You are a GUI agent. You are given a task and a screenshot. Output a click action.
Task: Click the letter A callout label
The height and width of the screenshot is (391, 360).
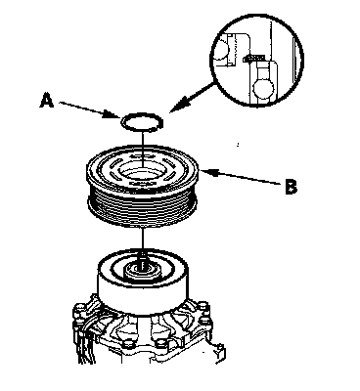(x=47, y=100)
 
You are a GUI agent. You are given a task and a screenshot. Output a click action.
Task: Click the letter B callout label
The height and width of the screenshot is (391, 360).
(x=291, y=187)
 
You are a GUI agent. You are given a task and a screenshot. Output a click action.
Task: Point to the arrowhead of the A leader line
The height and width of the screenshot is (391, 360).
(x=115, y=114)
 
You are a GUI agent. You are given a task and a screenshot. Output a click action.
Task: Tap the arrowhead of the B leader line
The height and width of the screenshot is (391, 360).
(x=206, y=172)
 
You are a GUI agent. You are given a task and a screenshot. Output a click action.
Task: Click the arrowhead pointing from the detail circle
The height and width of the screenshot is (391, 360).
(x=176, y=108)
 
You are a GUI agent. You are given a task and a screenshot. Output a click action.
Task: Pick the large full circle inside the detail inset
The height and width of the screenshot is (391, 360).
(x=263, y=88)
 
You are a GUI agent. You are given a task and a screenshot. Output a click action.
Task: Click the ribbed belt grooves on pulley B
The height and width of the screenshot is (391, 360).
(x=143, y=208)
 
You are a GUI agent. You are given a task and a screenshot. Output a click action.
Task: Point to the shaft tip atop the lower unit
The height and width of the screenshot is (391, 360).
(x=142, y=261)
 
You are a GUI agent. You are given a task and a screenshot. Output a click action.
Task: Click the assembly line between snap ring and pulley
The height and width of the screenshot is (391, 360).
(x=143, y=150)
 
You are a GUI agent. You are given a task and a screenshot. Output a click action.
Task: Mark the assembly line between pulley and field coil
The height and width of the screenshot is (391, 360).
(x=143, y=240)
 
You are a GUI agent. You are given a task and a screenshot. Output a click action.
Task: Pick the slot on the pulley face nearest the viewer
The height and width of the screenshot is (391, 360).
(x=141, y=185)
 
